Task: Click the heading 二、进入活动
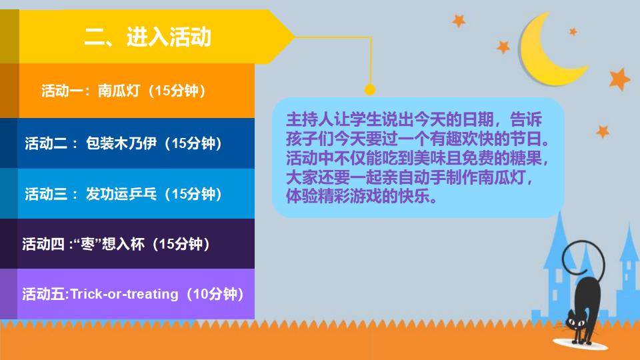(x=147, y=37)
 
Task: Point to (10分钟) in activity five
(x=213, y=294)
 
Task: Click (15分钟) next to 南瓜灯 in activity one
(x=176, y=91)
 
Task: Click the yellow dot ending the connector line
(x=370, y=89)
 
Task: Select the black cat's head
(x=573, y=320)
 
